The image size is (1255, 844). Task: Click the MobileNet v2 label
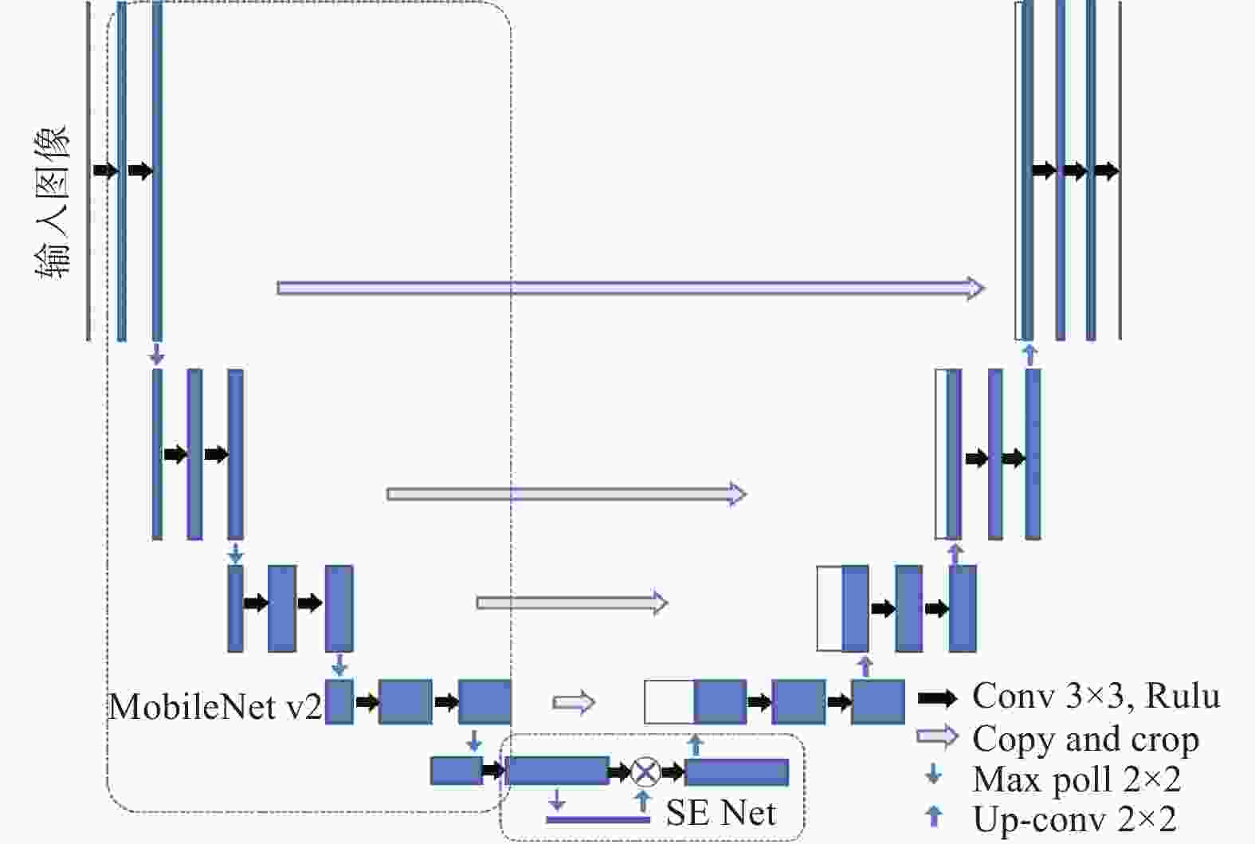pos(215,706)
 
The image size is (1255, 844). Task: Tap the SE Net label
pos(720,812)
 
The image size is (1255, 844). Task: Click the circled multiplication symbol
pos(645,771)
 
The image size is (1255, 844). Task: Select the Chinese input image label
pos(53,202)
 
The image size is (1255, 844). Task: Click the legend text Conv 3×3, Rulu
pos(1096,696)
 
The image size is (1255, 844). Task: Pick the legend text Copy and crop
pos(1085,740)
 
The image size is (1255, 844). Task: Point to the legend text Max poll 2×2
pos(1077,779)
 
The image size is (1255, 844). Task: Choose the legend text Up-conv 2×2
pos(1075,818)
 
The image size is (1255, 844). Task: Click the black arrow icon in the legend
pos(938,697)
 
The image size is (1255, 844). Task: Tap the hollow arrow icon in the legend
pos(938,736)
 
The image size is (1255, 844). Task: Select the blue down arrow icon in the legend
pos(933,775)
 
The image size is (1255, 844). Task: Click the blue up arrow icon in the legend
pos(934,816)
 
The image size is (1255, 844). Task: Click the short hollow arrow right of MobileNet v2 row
pos(573,702)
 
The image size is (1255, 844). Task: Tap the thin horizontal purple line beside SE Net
pos(598,820)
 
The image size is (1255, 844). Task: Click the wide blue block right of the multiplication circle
pos(737,772)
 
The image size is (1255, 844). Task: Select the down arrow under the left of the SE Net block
pos(556,799)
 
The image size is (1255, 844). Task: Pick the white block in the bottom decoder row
pos(669,702)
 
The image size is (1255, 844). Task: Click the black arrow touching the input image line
pos(104,170)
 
